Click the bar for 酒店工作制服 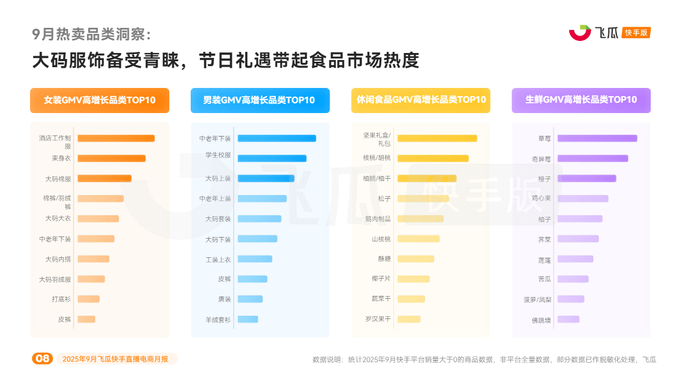[116, 138]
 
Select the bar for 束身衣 [111, 158]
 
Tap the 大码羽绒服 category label [55, 279]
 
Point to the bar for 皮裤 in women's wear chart [86, 319]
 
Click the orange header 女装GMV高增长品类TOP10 [99, 101]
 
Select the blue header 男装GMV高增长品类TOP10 [260, 101]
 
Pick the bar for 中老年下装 [276, 138]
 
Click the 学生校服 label [218, 155]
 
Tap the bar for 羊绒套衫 [248, 319]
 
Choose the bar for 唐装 [250, 299]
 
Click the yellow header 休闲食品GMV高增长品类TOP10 [420, 101]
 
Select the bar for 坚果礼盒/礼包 [437, 138]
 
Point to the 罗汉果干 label [378, 319]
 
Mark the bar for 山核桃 [419, 239]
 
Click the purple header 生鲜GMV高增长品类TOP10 [581, 101]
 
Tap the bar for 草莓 [597, 138]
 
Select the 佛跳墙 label [541, 320]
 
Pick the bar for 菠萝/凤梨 [571, 299]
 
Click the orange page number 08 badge [42, 359]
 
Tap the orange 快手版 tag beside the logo [636, 33]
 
